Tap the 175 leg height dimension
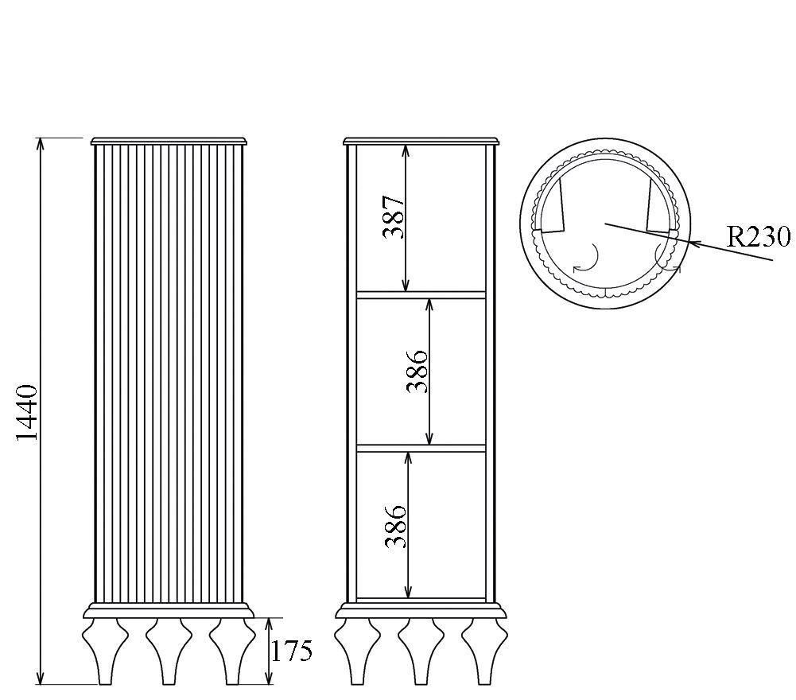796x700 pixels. (291, 651)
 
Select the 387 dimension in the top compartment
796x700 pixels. (394, 216)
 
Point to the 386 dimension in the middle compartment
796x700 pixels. (417, 371)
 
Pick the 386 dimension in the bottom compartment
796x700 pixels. (395, 527)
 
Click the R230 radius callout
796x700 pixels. (759, 236)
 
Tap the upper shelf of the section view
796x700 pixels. (421, 294)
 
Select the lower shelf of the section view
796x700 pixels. (421, 448)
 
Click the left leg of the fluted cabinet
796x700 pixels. (105, 651)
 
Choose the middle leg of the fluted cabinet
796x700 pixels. (169, 651)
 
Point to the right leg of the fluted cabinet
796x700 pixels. (232, 651)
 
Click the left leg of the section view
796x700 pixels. (358, 651)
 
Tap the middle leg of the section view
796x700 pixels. (421, 651)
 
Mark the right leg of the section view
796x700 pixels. (484, 651)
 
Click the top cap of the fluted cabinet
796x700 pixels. (169, 141)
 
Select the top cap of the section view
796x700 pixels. (421, 141)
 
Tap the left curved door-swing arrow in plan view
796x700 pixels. (588, 259)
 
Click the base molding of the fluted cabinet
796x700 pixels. (169, 610)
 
